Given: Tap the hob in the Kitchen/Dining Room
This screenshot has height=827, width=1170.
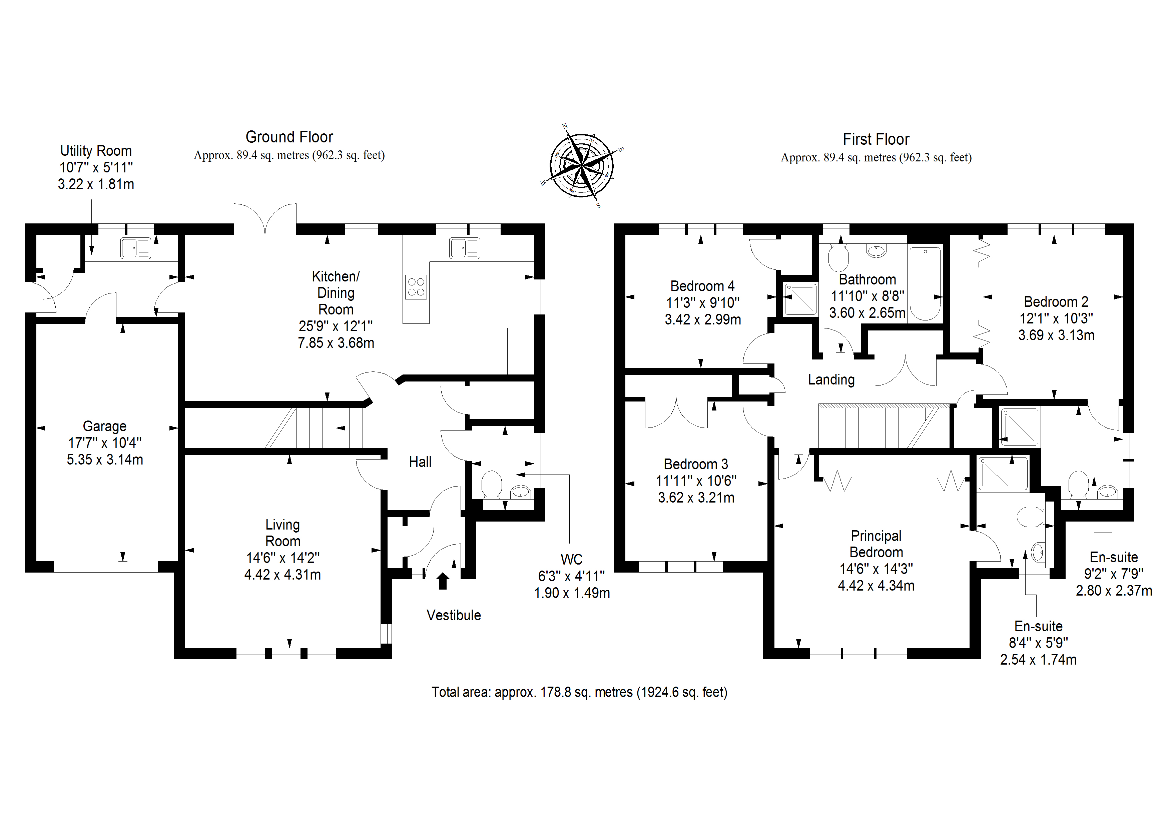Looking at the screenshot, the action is [416, 287].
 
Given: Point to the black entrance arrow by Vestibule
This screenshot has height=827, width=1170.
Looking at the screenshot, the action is [443, 581].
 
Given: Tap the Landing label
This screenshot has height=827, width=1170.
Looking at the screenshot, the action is [831, 379].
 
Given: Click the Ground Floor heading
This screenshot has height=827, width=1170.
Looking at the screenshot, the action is [289, 137].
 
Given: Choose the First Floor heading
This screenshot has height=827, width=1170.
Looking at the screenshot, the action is [876, 139].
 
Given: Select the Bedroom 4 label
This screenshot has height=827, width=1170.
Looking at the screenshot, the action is [702, 286].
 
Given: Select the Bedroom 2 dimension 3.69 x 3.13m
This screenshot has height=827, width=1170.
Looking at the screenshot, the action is [1056, 335].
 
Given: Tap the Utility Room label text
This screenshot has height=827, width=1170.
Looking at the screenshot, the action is [96, 151].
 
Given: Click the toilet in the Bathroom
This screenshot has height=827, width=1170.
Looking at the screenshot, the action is [838, 258].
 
